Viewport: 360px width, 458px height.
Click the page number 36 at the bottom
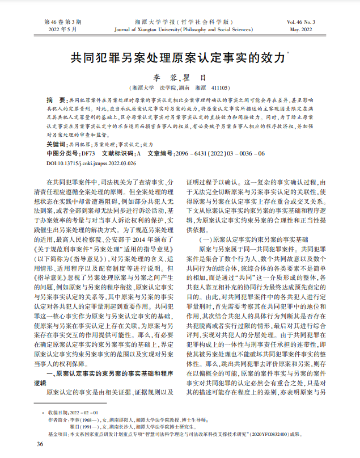coord(40,443)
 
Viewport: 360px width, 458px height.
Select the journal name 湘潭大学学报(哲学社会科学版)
coord(179,20)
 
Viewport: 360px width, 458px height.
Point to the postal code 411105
coord(220,89)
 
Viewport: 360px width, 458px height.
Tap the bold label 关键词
coord(56,145)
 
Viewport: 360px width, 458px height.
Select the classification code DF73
coord(88,153)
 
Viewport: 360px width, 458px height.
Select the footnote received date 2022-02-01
coord(83,412)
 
